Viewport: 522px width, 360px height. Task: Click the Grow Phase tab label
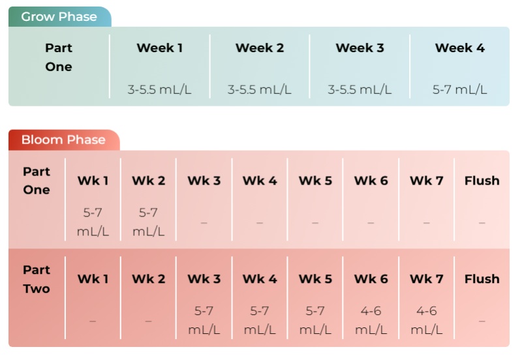59,17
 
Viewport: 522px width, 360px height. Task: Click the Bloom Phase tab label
63,140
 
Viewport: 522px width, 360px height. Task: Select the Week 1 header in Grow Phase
159,48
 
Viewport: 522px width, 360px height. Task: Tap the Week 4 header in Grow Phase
460,48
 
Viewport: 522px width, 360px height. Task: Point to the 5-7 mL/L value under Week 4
460,89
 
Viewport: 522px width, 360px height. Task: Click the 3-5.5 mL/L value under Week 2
259,89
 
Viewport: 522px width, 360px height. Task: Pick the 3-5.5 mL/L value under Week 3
360,89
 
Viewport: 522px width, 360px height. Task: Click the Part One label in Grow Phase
59,57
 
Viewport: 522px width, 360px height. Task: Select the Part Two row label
37,279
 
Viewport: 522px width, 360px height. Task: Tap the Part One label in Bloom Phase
37,181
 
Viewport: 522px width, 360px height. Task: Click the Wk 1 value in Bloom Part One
93,222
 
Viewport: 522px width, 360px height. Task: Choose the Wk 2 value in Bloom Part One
149,222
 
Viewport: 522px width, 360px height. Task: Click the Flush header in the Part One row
482,181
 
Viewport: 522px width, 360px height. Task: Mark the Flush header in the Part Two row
482,279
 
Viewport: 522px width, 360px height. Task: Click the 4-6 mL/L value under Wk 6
371,320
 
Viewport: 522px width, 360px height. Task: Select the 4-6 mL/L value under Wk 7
427,320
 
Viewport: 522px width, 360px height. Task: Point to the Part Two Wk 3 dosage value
204,320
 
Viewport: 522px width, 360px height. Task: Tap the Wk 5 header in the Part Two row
315,279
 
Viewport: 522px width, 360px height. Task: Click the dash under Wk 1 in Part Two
93,321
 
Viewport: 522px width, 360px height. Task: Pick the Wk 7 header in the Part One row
427,181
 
